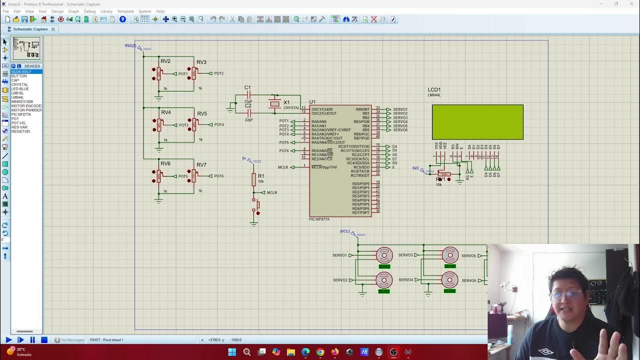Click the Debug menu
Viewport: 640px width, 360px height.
coord(89,11)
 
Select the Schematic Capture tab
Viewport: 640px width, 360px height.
coord(30,29)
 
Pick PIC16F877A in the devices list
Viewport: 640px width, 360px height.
coord(21,114)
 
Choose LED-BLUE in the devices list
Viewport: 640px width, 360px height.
coord(20,89)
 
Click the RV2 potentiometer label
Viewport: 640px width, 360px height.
coord(165,61)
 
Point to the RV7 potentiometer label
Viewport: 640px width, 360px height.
coord(201,165)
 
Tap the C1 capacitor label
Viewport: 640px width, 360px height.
coord(247,87)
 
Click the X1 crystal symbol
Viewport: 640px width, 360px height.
coord(274,103)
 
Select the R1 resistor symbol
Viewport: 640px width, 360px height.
coord(253,179)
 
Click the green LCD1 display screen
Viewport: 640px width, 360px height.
coord(477,122)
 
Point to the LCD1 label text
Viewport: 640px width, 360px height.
coord(434,90)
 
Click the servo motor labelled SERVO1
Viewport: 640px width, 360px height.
coord(384,255)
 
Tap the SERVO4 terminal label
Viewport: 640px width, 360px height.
coord(405,280)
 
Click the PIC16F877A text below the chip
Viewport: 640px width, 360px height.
coord(319,219)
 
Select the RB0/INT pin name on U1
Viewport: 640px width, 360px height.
coord(362,109)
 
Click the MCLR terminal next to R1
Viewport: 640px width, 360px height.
coord(271,192)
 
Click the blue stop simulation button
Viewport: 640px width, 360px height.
coord(44,340)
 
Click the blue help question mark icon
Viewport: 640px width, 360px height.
coord(122,19)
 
